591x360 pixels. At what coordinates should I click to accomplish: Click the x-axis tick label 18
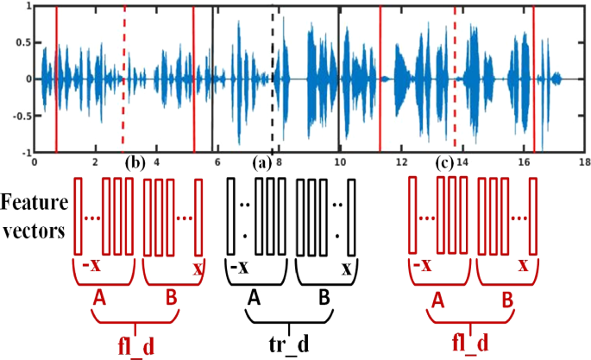[x=584, y=161]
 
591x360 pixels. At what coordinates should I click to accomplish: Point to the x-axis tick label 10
[x=340, y=161]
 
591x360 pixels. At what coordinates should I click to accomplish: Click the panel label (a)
[x=261, y=162]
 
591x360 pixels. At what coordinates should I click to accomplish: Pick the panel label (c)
[x=446, y=162]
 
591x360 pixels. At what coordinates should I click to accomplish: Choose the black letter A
[x=254, y=296]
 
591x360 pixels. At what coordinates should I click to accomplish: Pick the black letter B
[x=325, y=296]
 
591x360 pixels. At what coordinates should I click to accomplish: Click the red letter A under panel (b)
[x=101, y=296]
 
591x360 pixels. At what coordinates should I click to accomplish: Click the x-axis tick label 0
[x=34, y=161]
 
